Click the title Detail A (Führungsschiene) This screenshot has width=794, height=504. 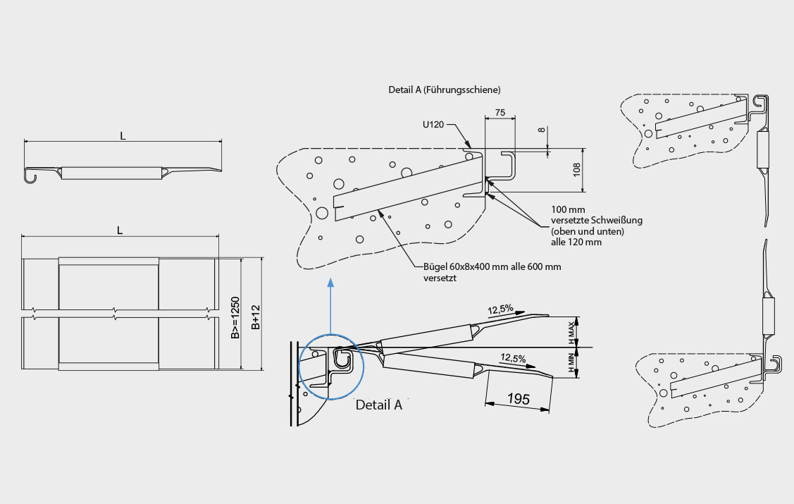444,90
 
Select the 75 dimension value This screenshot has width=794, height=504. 500,113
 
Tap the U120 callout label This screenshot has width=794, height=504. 433,124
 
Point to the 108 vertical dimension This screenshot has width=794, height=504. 577,170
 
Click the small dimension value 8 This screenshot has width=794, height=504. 542,130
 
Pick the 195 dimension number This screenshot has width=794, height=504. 518,399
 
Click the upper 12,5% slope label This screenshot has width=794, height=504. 500,309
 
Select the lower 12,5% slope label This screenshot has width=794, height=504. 513,358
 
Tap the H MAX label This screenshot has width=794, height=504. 571,333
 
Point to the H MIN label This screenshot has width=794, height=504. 571,363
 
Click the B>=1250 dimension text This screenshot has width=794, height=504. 235,318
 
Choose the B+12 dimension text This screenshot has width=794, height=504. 256,317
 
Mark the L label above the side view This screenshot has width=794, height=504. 123,136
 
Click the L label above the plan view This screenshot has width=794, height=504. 120,231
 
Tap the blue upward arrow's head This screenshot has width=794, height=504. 330,282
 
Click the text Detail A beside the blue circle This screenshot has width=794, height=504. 379,405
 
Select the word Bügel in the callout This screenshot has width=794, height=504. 435,267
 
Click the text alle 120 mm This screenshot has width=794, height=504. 576,242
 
